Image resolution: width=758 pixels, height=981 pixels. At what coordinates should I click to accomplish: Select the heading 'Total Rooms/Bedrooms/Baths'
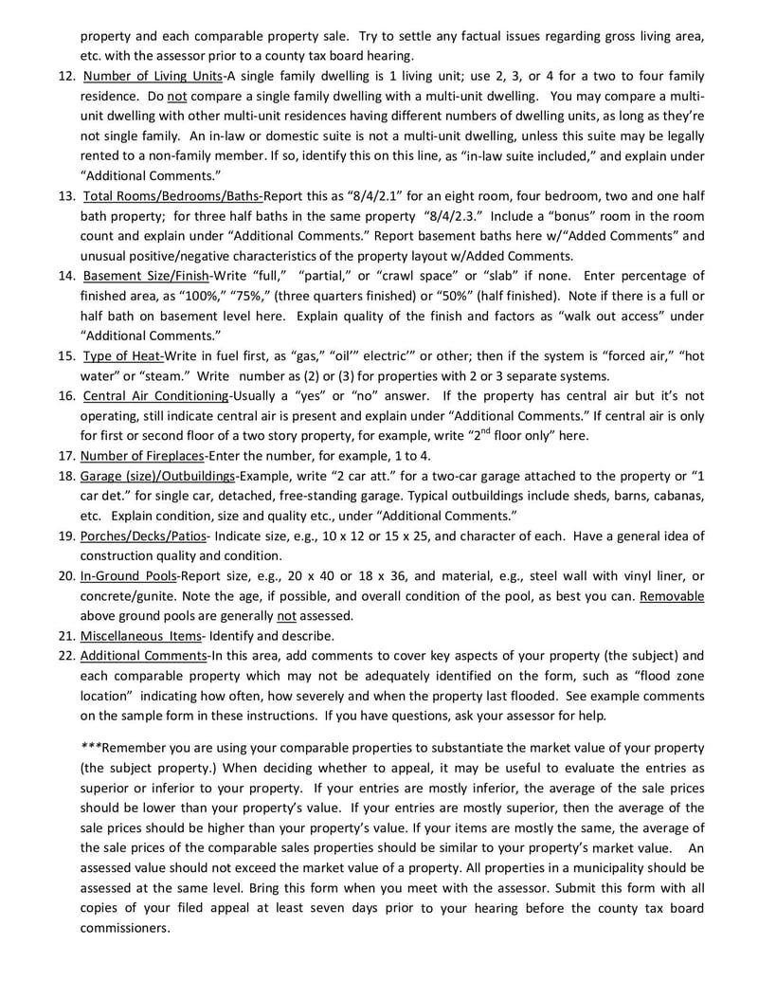(x=172, y=196)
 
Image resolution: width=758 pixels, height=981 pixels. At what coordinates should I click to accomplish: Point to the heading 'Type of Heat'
(x=123, y=355)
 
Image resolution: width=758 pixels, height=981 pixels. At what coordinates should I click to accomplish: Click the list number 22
(x=66, y=655)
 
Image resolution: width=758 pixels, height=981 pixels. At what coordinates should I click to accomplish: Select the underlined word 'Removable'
(x=672, y=595)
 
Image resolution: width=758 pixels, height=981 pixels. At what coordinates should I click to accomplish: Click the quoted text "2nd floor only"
(x=514, y=435)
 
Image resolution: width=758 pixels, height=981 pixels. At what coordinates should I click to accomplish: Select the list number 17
(x=66, y=455)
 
